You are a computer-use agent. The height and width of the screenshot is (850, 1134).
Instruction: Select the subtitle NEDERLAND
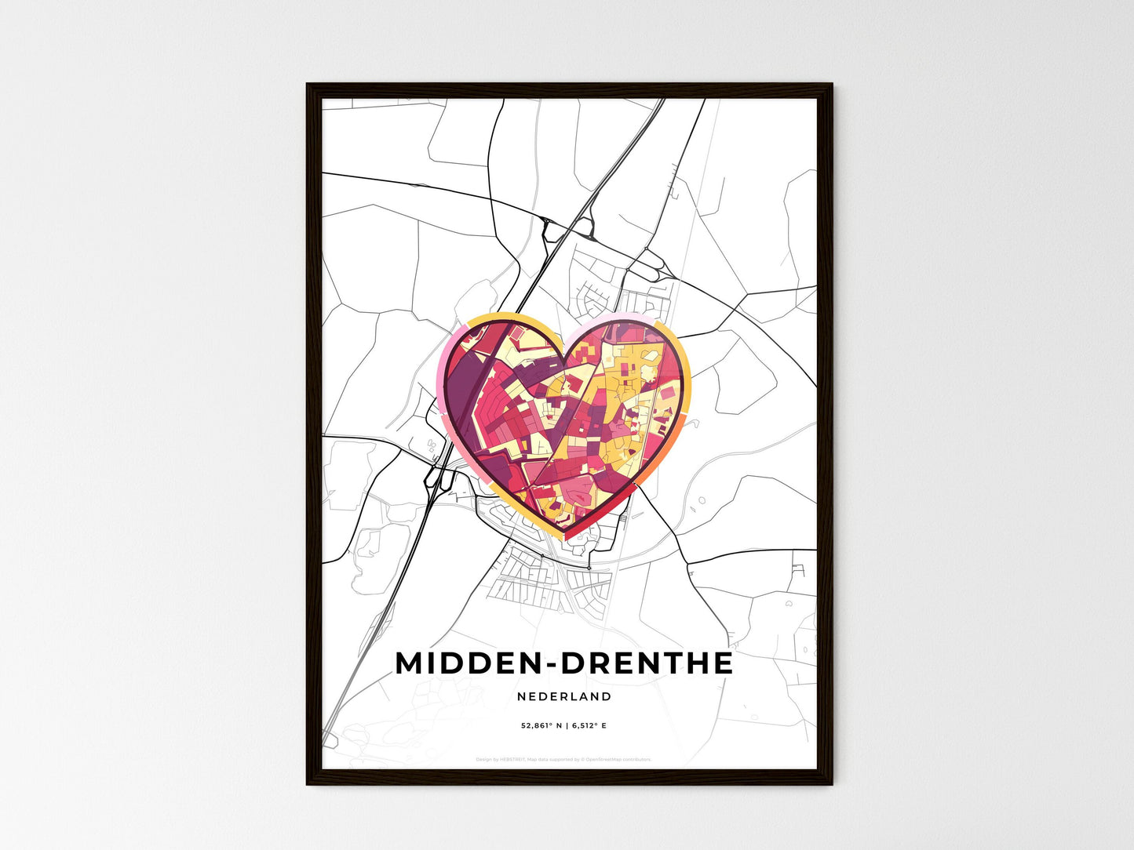click(x=564, y=696)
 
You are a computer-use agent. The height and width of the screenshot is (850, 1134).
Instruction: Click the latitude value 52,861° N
click(x=543, y=726)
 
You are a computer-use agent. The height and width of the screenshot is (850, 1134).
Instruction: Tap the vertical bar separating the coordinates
click(x=567, y=726)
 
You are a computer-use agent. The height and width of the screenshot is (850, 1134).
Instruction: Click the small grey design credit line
click(x=563, y=759)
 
